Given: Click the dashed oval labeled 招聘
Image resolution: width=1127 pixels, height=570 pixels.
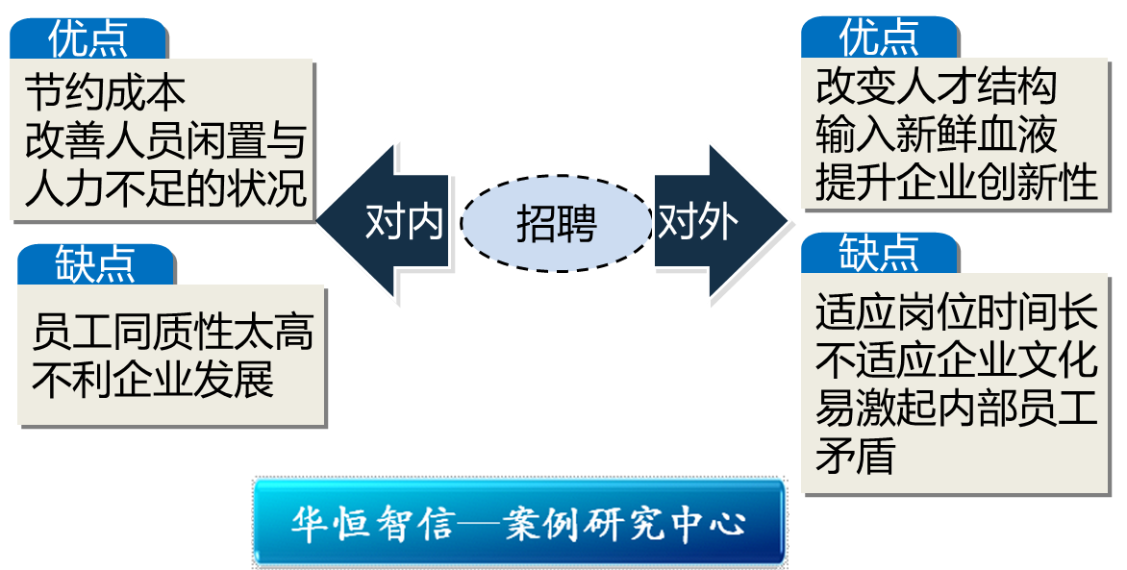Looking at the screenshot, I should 556,224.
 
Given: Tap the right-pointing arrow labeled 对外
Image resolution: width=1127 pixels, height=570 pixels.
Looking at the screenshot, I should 712,223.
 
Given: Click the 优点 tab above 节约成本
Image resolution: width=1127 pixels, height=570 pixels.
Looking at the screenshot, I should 88,39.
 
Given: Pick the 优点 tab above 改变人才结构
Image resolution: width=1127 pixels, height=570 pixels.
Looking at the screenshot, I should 879,38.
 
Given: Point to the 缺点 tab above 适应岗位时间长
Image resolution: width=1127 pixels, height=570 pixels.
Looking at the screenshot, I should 879,253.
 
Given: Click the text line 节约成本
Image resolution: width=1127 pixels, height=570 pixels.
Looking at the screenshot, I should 105,92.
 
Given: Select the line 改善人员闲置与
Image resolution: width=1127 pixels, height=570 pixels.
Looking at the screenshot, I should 164,139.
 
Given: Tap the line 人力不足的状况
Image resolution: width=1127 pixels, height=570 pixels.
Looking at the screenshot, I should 165,187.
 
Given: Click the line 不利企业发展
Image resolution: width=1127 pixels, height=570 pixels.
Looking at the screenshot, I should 153,380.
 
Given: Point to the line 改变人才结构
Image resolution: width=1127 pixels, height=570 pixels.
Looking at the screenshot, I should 936,87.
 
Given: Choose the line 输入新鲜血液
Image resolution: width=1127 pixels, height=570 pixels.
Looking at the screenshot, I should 936,134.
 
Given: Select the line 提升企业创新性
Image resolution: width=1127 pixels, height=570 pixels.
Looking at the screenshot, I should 957,181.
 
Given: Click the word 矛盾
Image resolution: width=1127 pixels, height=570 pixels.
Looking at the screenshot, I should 855,455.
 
